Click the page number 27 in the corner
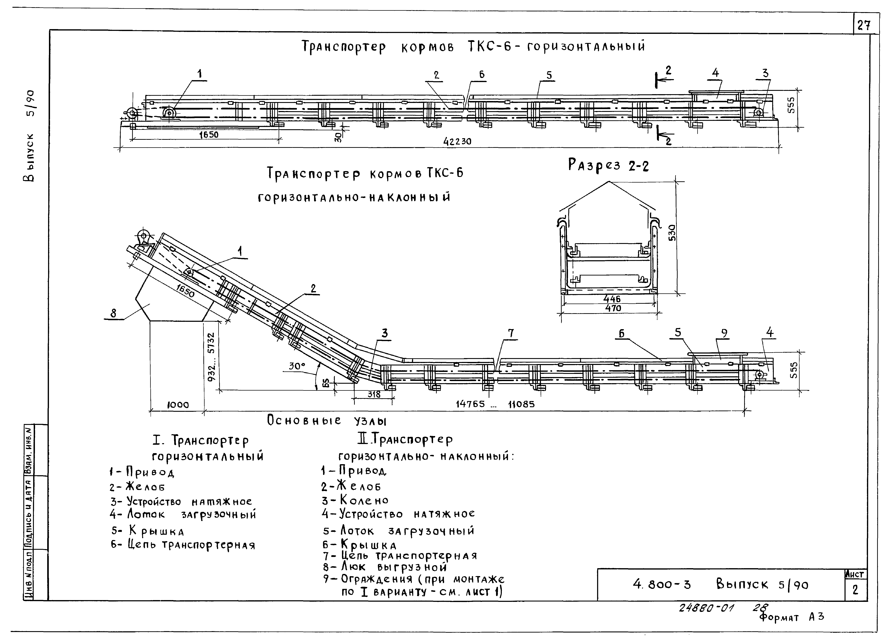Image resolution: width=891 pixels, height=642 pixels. (x=863, y=26)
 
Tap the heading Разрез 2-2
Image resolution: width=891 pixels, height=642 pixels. (x=608, y=165)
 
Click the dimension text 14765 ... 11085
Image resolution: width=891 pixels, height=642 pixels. (x=495, y=404)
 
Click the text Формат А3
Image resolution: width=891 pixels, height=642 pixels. (x=792, y=617)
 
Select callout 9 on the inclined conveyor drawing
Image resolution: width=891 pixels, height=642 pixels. (x=724, y=333)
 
